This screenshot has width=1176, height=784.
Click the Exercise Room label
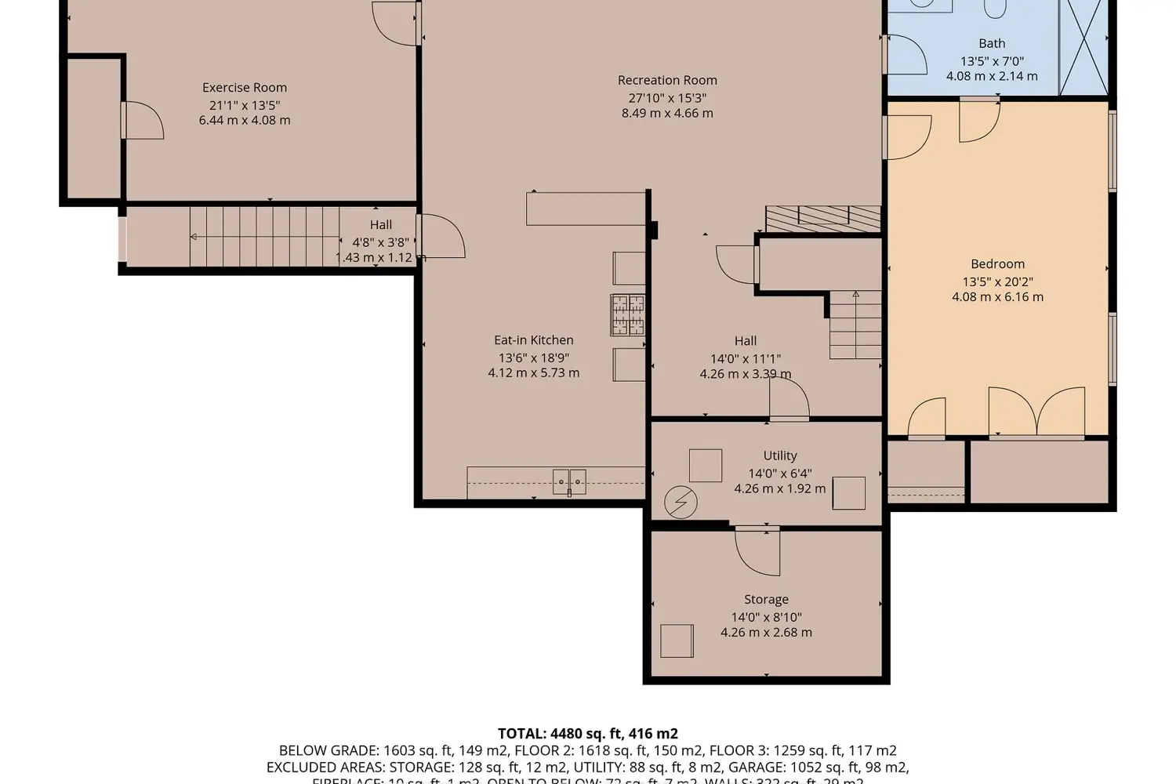tap(244, 88)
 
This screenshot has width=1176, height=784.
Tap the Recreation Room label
tap(667, 80)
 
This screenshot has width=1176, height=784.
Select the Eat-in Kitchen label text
tap(533, 340)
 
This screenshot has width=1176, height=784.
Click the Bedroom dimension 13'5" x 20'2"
tap(997, 281)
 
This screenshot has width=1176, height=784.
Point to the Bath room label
tap(991, 44)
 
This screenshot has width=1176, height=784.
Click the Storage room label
tap(766, 600)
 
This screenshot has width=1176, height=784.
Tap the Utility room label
tap(779, 456)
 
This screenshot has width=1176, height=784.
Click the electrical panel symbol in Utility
tap(681, 503)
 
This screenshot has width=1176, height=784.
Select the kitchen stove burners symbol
tap(627, 315)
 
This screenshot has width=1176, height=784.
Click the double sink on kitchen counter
tap(569, 481)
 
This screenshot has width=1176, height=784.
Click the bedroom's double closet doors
tap(1036, 412)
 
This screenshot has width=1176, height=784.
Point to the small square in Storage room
tap(677, 641)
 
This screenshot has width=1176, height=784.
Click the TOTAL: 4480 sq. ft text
tap(587, 734)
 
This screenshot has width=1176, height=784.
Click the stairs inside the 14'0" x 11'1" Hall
tap(855, 325)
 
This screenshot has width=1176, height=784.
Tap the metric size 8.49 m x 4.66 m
tap(667, 113)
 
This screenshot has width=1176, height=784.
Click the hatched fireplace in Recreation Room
tap(822, 219)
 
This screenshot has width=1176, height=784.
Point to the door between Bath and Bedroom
tap(979, 120)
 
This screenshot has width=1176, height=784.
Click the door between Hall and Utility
tap(789, 400)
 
